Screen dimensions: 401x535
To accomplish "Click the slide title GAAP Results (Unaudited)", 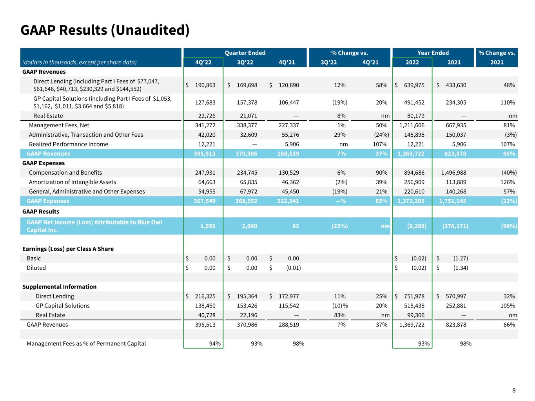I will [x=105, y=30].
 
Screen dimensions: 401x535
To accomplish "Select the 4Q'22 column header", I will [x=203, y=62].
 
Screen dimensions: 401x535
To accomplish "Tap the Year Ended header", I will [x=433, y=53].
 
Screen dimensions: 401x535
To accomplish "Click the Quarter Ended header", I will [x=245, y=53].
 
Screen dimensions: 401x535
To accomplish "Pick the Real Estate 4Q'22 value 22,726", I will [x=205, y=116].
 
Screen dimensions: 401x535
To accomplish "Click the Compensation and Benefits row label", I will [x=65, y=173].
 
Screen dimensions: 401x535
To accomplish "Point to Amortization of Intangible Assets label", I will [x=73, y=182].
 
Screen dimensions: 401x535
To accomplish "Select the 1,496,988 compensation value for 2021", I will [x=454, y=173].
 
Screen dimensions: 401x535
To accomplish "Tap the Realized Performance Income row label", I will [x=69, y=144].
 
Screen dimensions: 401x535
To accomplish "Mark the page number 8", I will [x=514, y=390].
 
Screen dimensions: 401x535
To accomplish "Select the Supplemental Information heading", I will [x=59, y=287].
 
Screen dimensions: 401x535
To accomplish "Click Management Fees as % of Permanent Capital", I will [x=86, y=343].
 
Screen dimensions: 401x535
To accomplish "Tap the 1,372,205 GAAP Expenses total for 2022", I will [x=411, y=201].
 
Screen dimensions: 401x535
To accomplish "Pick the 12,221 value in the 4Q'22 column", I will [x=205, y=144].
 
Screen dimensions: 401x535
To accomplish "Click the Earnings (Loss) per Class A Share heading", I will [x=68, y=249].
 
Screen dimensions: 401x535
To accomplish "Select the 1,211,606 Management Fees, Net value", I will [x=412, y=125].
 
